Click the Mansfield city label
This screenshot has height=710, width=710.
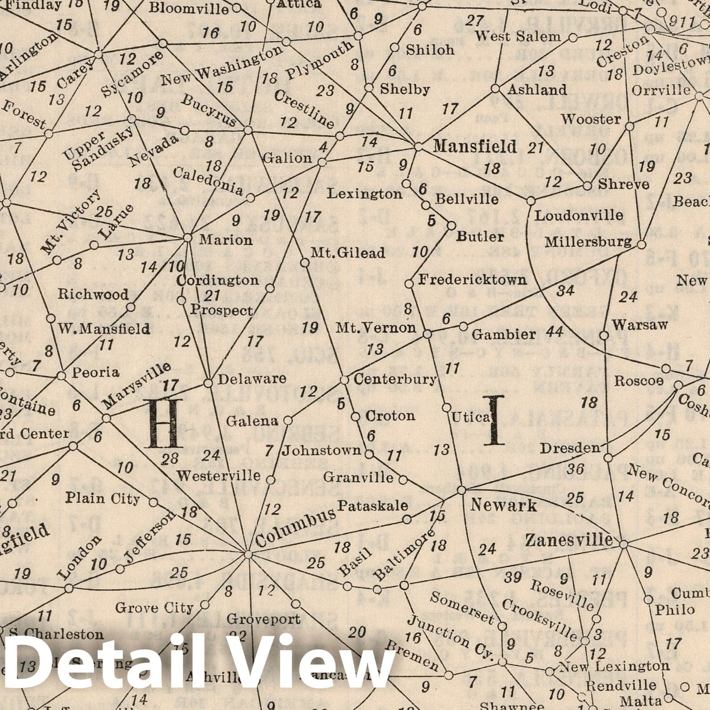[475, 146]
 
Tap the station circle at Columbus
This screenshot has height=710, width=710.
[248, 554]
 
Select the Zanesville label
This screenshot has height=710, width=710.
[568, 540]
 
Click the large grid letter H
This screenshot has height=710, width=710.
[166, 423]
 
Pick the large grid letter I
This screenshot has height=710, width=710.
[494, 420]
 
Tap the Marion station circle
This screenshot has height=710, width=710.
[188, 238]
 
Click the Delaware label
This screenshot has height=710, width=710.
[252, 379]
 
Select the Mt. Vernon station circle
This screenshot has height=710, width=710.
[427, 334]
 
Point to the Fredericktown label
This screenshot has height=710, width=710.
[473, 280]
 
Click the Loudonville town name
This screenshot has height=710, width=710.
[579, 216]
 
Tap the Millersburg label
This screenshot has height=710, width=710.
[588, 242]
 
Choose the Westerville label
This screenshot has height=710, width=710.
[219, 476]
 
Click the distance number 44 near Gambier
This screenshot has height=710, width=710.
[555, 331]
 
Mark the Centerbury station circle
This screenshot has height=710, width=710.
[344, 380]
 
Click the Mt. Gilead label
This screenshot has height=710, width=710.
[347, 253]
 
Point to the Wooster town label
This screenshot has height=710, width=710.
[591, 119]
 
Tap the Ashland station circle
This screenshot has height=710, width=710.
[496, 89]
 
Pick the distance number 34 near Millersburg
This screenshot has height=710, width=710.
[565, 291]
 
